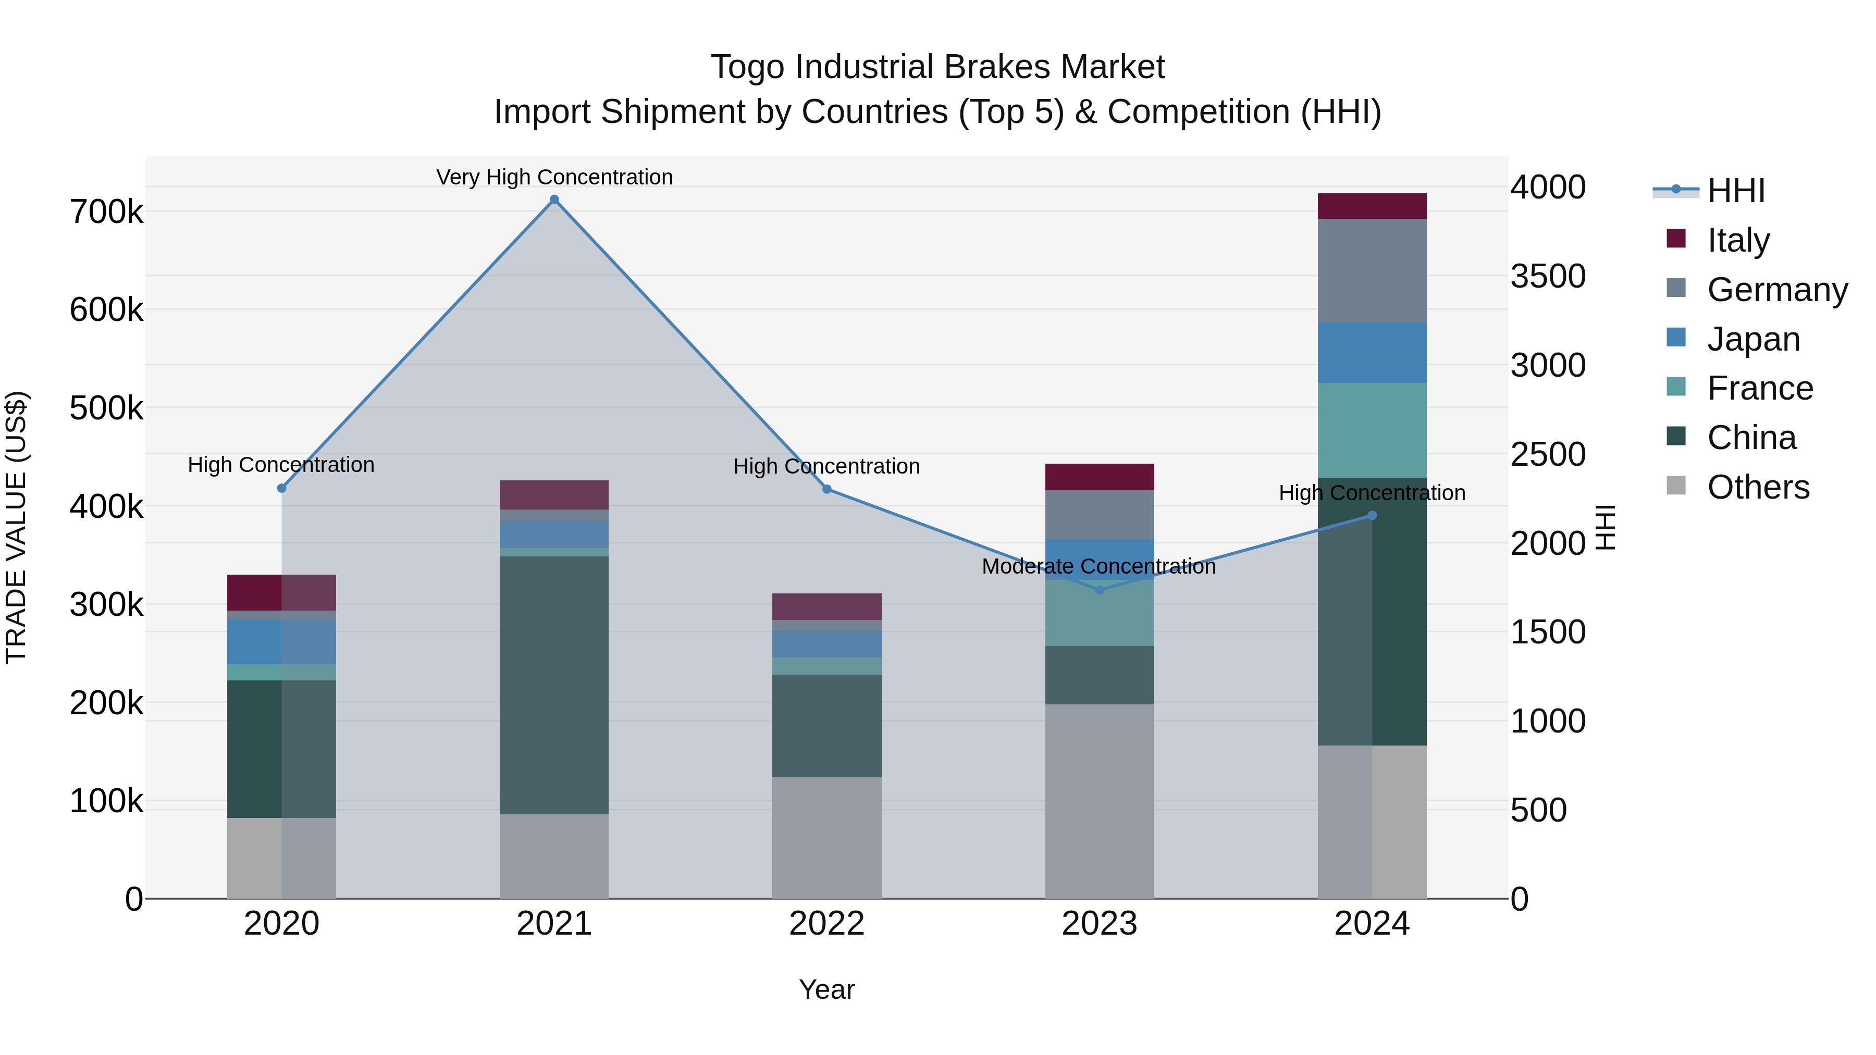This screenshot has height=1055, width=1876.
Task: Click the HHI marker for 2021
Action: tap(554, 200)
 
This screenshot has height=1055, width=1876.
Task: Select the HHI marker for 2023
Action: tap(1100, 590)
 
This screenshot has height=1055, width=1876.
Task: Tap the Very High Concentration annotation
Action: tap(554, 177)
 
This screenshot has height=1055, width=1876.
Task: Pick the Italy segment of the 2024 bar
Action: tap(1372, 206)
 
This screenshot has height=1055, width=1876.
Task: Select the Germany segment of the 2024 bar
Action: tap(1372, 270)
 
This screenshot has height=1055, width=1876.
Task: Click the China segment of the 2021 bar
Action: tap(554, 685)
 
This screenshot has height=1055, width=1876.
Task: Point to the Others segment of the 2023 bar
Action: tap(1100, 801)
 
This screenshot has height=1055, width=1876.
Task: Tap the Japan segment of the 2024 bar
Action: tap(1372, 352)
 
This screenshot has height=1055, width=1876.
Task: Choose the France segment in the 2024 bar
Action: tap(1372, 430)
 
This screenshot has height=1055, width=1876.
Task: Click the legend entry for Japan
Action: tap(1753, 339)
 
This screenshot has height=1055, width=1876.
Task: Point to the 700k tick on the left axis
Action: tap(106, 212)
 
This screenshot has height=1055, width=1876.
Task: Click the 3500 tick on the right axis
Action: tap(1548, 276)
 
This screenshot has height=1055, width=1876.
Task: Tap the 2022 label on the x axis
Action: tap(826, 924)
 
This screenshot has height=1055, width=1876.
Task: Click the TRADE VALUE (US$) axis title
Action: tap(16, 527)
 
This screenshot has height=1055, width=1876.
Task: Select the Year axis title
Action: tap(826, 989)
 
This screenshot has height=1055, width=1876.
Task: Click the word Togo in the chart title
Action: tap(748, 67)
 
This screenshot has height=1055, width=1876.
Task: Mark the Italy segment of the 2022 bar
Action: tap(826, 606)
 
